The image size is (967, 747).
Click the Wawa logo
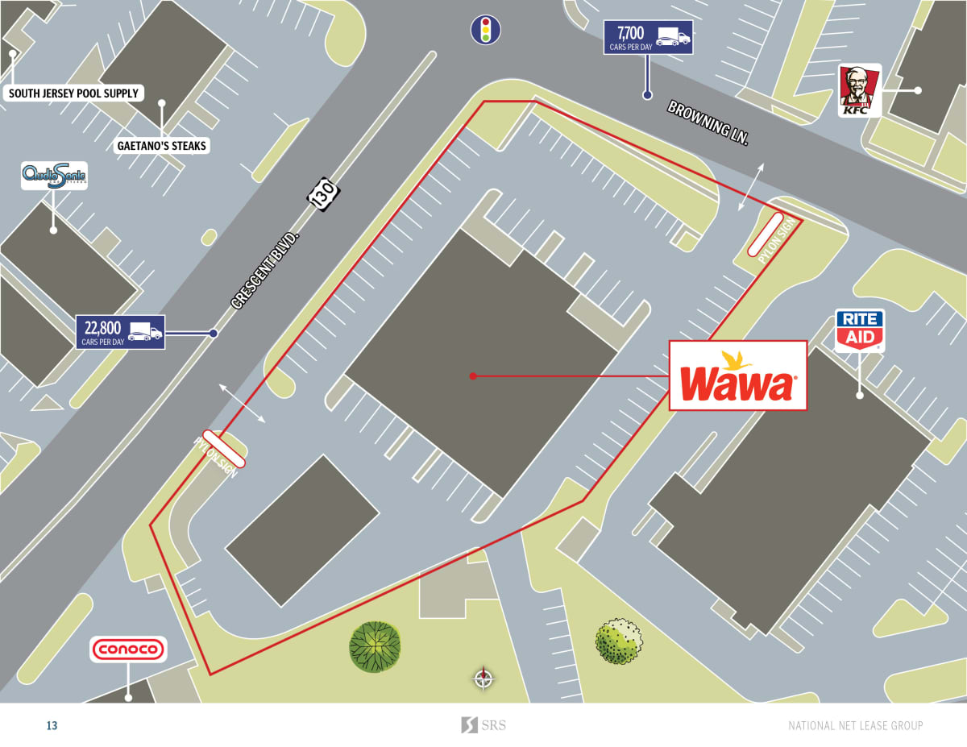(x=737, y=376)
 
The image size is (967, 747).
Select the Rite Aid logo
(x=860, y=329)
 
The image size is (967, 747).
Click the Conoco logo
(x=128, y=649)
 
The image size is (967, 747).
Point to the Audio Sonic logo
(x=54, y=175)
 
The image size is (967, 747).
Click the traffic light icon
(x=485, y=30)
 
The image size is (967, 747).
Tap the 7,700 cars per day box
(x=648, y=38)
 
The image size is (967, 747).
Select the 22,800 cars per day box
(x=120, y=331)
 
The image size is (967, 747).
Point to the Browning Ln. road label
(x=708, y=122)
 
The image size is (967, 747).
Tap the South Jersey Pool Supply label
(x=73, y=93)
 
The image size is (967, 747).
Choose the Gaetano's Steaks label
(x=162, y=146)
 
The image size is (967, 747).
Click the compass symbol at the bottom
(x=483, y=679)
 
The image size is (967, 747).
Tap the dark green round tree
(x=375, y=646)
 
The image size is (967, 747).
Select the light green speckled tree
(x=619, y=641)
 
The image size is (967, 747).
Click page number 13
(x=52, y=726)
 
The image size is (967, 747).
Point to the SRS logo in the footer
(x=483, y=725)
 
